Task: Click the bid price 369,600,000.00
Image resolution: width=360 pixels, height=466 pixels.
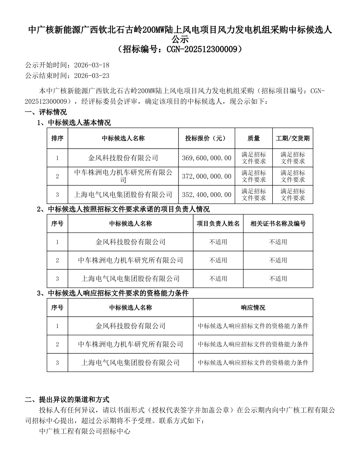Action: (x=207, y=158)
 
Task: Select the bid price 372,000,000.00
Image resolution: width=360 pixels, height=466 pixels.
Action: (x=207, y=176)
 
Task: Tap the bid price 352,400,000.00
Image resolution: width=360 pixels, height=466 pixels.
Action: (x=207, y=195)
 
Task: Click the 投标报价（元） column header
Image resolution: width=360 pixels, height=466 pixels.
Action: (x=205, y=138)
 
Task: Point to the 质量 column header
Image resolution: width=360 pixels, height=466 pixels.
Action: (x=254, y=138)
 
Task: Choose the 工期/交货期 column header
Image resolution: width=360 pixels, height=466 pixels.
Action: (x=293, y=138)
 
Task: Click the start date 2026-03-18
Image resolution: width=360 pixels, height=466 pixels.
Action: (x=92, y=65)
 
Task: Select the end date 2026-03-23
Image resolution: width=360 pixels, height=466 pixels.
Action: (x=92, y=76)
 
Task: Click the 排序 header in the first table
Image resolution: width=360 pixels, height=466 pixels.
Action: (x=57, y=138)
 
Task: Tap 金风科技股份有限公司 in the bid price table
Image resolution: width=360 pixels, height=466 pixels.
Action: (x=123, y=158)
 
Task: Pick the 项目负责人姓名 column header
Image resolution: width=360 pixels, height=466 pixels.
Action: (x=218, y=224)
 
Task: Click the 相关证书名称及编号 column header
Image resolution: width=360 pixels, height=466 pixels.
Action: (x=278, y=224)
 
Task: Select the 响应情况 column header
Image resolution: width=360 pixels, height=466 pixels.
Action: (x=253, y=308)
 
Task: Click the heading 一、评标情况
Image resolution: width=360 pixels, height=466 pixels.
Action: (x=46, y=112)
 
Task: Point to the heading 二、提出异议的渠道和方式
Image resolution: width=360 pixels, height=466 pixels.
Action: (x=67, y=399)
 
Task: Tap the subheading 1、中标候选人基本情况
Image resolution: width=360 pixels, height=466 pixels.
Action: (x=74, y=123)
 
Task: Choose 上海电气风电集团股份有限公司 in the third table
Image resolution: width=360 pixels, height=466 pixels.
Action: (x=130, y=363)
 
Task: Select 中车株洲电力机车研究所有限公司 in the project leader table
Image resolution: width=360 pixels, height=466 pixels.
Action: (x=130, y=260)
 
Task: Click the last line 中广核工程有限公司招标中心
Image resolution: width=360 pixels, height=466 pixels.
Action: (x=84, y=431)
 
